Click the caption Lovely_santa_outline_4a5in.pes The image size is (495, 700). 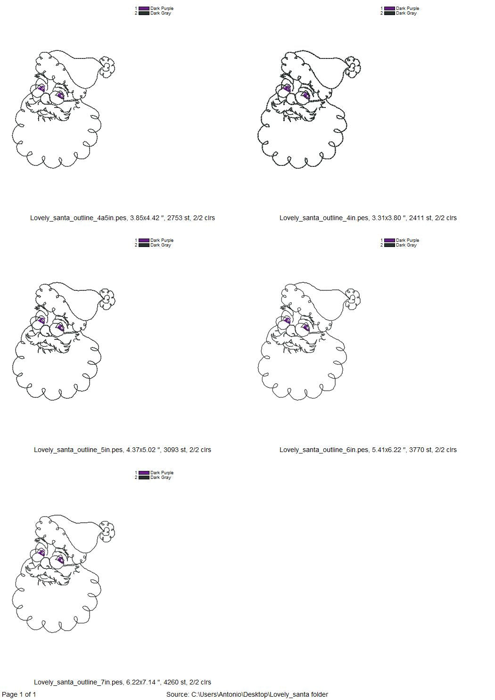click(122, 218)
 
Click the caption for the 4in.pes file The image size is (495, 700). click(368, 218)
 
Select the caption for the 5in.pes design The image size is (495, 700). click(122, 450)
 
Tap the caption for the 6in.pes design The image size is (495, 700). click(368, 450)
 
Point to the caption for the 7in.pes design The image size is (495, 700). click(122, 682)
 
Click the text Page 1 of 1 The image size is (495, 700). click(19, 694)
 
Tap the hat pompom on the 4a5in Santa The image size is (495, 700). click(108, 68)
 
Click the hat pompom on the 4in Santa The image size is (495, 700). click(353, 66)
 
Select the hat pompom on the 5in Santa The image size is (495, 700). click(108, 299)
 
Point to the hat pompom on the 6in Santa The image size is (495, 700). click(353, 299)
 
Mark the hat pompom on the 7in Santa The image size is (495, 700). click(108, 531)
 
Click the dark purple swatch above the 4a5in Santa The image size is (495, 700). click(144, 8)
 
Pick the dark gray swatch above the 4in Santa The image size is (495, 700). click(389, 13)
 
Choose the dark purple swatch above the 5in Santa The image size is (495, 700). click(144, 240)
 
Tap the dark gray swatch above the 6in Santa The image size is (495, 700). click(389, 245)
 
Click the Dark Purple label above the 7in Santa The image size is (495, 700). click(162, 472)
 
